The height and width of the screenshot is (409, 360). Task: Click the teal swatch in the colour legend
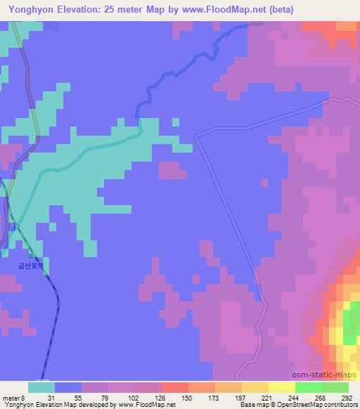pyautogui.click(x=41, y=387)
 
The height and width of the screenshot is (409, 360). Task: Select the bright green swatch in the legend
pyautogui.click(x=309, y=387)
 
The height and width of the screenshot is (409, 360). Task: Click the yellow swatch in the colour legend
pyautogui.click(x=282, y=387)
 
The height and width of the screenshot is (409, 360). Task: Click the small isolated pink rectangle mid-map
pyautogui.click(x=172, y=169)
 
